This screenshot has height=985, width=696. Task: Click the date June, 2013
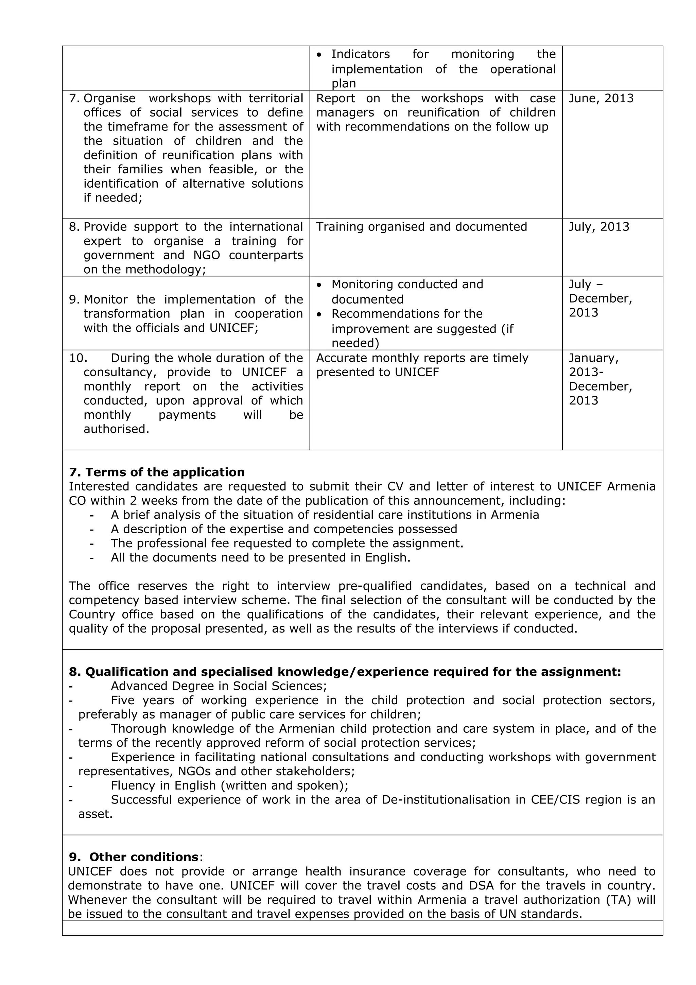tap(601, 98)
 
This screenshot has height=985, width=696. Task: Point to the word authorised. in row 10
tap(116, 429)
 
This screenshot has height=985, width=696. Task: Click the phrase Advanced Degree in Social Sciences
tap(219, 686)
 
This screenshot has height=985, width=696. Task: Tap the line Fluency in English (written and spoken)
tap(229, 785)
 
